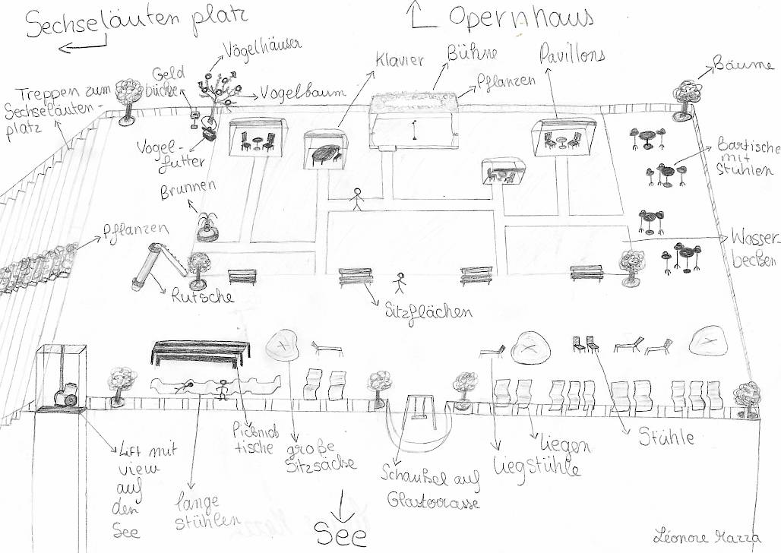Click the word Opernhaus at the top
(x=520, y=17)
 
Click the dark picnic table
(x=201, y=350)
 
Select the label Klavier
(x=399, y=61)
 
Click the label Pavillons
(x=572, y=55)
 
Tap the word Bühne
(x=473, y=53)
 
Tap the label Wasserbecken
(x=753, y=247)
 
